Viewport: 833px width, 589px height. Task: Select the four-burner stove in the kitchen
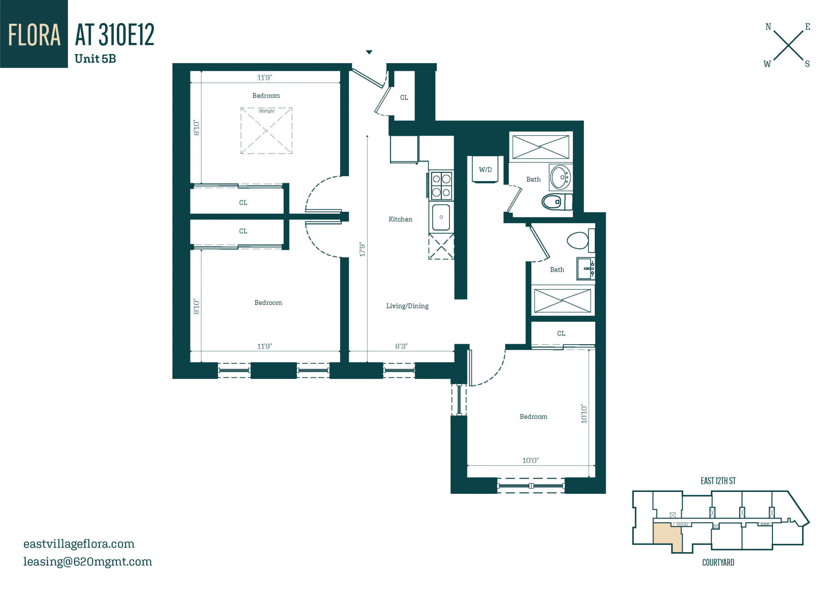point(441,185)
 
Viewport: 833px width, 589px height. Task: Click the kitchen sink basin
point(441,217)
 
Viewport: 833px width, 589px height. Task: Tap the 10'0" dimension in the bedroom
point(530,460)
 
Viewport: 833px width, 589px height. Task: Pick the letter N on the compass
point(768,27)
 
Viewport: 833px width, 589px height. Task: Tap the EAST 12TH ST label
point(718,481)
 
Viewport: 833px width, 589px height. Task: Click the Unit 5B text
point(95,59)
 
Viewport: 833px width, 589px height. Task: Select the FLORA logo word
point(34,35)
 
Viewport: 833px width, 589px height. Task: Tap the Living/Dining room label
point(407,306)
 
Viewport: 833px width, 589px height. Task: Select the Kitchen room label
point(400,219)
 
